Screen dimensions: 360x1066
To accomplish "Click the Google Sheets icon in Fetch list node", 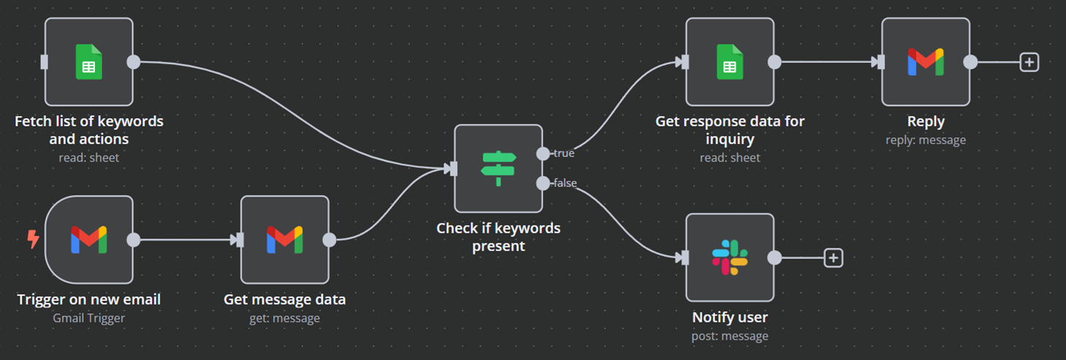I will [x=89, y=62].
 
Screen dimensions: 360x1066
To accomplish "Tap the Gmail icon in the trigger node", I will [x=89, y=240].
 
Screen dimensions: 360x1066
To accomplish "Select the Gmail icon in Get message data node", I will [x=285, y=240].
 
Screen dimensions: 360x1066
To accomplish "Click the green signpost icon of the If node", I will [x=499, y=169].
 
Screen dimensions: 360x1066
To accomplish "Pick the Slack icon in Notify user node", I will [x=729, y=258].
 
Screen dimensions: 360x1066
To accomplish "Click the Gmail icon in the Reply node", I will [x=925, y=62].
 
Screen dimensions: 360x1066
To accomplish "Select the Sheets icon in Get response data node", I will [x=729, y=62].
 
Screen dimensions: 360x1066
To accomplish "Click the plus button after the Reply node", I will [x=1029, y=62].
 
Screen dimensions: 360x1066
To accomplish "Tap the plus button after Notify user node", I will [x=833, y=258].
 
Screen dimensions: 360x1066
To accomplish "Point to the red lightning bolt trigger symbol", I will [x=33, y=239].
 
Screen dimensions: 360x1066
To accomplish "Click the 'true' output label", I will [x=563, y=153].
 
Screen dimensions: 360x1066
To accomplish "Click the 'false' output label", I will [x=564, y=183].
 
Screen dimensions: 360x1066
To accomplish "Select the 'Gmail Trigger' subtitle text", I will [x=88, y=318].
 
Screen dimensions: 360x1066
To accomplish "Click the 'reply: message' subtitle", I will [x=925, y=139].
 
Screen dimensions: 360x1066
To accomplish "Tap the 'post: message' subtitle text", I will [x=729, y=336].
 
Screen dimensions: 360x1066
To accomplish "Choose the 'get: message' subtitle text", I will [x=285, y=318].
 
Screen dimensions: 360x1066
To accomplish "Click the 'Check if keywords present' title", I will [x=498, y=237].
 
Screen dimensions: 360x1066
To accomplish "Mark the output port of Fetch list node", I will [x=134, y=62].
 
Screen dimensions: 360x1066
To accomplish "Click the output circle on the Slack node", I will [x=775, y=258].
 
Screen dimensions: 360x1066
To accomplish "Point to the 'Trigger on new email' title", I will [x=88, y=299].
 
